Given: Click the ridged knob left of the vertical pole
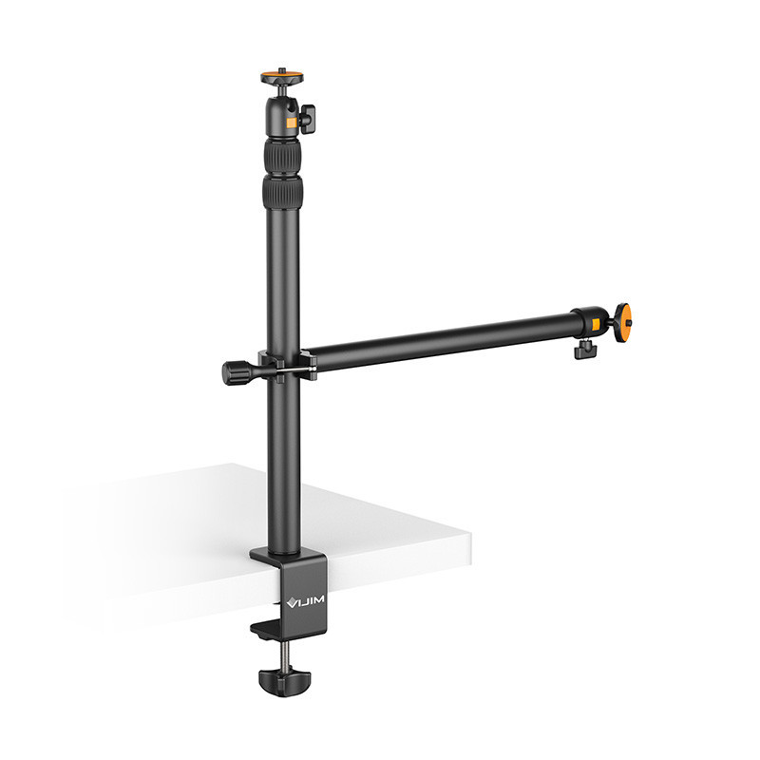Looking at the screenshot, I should (234, 370).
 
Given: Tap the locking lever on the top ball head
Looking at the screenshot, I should (308, 119).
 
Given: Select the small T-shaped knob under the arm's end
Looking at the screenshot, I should (583, 351).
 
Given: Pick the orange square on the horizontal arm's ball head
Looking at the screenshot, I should (593, 329).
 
